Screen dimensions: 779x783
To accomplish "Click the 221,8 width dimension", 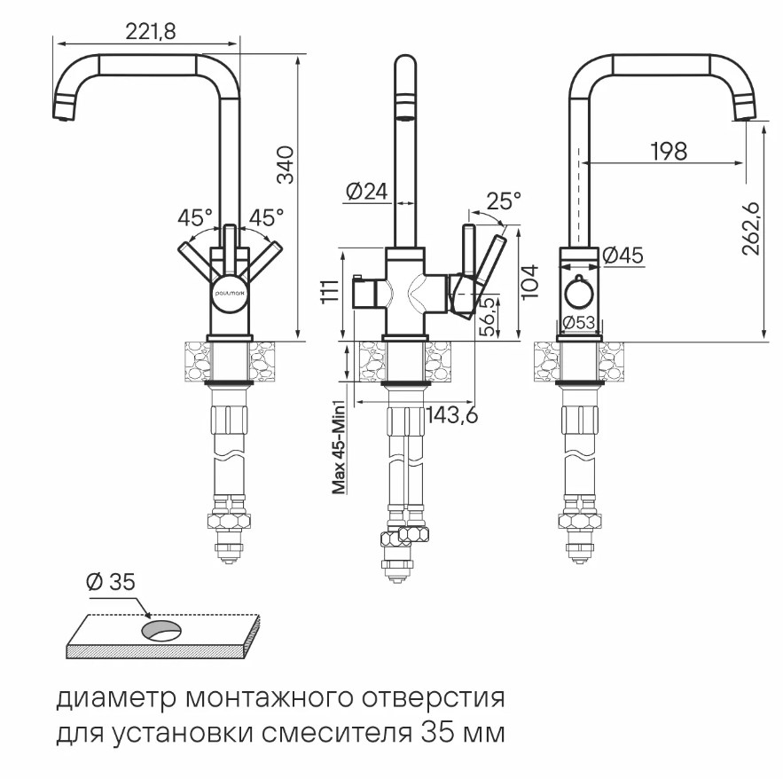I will [x=151, y=31].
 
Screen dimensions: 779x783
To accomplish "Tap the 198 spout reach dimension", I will [x=667, y=151].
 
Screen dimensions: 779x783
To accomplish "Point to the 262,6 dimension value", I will [x=752, y=230].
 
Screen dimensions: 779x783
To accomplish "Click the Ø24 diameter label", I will [x=364, y=192].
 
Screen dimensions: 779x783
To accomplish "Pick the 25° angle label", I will [x=504, y=201].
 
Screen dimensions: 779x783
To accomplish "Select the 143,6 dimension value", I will [x=452, y=414].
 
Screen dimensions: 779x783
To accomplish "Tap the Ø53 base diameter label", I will [x=579, y=323].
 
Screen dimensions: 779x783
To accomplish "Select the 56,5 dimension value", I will [x=487, y=315].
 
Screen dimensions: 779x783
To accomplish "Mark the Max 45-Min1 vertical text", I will [x=338, y=444].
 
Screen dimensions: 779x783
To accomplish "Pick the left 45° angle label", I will [x=195, y=216].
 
